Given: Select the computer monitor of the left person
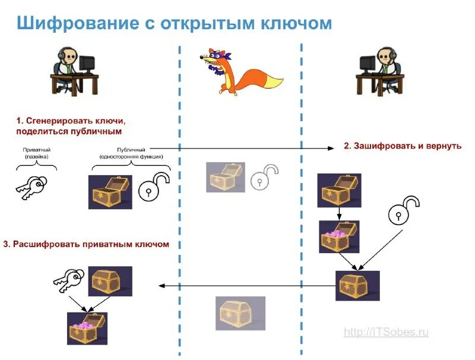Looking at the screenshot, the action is tap(87, 62).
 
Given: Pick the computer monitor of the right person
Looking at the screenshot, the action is tap(368, 62).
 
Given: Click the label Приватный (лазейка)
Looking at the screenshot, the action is tap(36, 153).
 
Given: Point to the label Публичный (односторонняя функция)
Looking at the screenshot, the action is tap(131, 153).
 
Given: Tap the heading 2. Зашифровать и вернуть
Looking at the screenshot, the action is tap(403, 146).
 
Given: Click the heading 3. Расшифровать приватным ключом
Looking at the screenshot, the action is tap(86, 244).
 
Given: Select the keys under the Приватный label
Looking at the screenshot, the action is tap(30, 187).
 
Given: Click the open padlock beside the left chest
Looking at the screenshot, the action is tap(154, 187).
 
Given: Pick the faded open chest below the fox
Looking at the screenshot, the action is tap(225, 177).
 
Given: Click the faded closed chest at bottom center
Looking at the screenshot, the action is tap(240, 313).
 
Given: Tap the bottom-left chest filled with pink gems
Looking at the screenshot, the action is tap(87, 329).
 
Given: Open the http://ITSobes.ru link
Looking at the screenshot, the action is tap(386, 333).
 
